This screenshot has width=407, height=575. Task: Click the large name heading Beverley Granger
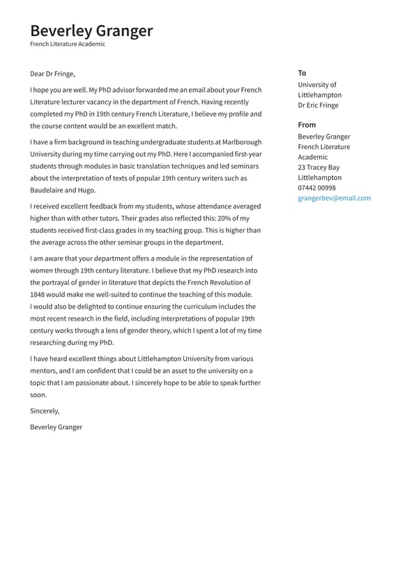click(x=91, y=31)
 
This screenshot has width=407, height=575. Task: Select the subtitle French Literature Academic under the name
click(x=68, y=44)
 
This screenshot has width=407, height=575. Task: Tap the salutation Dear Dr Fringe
click(x=52, y=74)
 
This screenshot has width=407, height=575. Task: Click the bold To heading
click(x=302, y=73)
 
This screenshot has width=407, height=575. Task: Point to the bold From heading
click(x=307, y=125)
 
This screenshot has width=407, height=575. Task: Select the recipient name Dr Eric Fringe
click(x=318, y=105)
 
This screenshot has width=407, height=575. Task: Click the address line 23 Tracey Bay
click(x=318, y=167)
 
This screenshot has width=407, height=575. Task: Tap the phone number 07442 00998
click(x=316, y=187)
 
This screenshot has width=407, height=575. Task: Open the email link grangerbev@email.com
click(x=334, y=198)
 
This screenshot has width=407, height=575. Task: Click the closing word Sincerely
click(x=45, y=411)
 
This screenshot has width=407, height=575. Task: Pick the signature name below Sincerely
click(x=56, y=427)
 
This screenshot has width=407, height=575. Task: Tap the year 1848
click(x=39, y=294)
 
